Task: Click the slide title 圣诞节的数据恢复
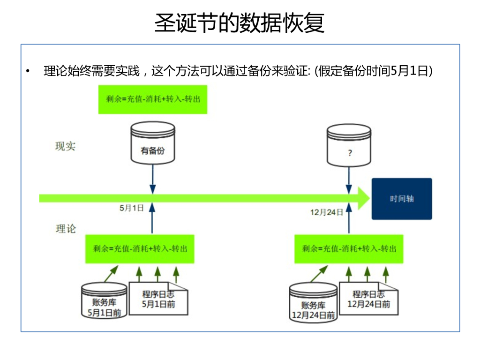(x=240, y=23)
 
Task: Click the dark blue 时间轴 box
(x=402, y=199)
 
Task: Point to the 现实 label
(x=65, y=146)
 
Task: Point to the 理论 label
(x=66, y=229)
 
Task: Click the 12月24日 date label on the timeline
(x=327, y=212)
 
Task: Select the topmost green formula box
(x=153, y=99)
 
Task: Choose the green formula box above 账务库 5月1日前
(x=140, y=249)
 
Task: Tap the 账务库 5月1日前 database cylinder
(x=104, y=300)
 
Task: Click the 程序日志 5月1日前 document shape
(x=158, y=299)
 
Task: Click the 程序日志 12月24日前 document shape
(x=368, y=299)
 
